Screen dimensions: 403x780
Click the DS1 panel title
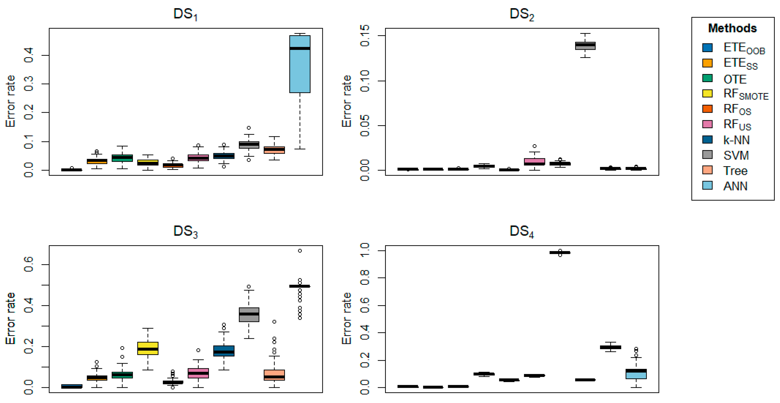click(x=185, y=14)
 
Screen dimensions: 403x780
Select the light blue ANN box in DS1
click(x=299, y=70)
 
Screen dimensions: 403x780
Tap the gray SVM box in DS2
click(x=585, y=46)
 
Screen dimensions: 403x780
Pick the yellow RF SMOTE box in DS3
click(x=148, y=348)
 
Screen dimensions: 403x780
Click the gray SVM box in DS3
click(x=249, y=315)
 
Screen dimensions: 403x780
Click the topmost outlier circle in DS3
click(x=300, y=251)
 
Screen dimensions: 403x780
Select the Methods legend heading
click(x=732, y=28)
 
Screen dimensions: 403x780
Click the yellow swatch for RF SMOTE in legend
click(x=707, y=94)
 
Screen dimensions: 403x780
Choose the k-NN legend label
click(x=736, y=140)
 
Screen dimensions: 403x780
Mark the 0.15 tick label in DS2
click(x=365, y=36)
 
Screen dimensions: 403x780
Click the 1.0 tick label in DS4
click(x=365, y=251)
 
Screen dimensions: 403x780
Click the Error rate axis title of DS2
click(x=347, y=101)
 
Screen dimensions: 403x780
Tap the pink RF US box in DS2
click(x=534, y=162)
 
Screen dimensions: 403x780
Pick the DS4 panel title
click(x=521, y=231)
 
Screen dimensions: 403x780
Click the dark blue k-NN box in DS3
click(x=224, y=351)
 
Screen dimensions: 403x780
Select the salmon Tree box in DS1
click(x=274, y=150)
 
